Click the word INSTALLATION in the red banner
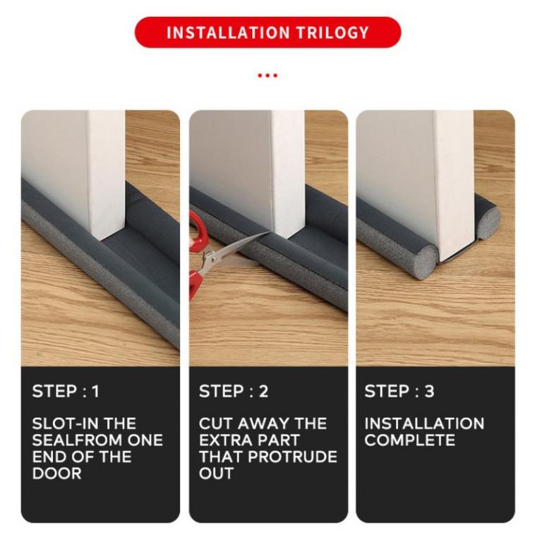click(x=227, y=32)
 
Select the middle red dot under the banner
click(x=267, y=75)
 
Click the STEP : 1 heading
click(x=66, y=392)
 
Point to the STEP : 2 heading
click(x=234, y=392)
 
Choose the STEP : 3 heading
click(x=399, y=392)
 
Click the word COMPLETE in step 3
click(x=409, y=440)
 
